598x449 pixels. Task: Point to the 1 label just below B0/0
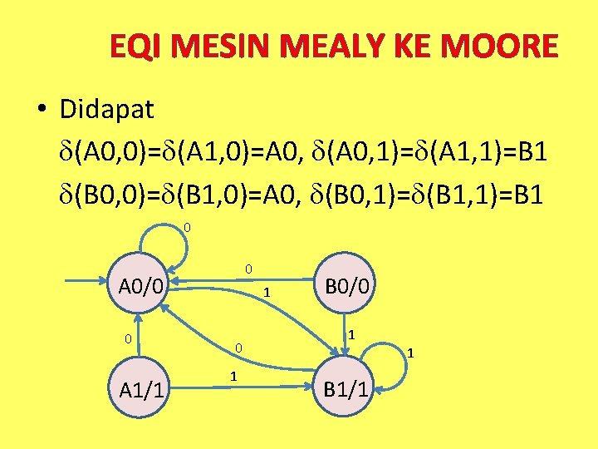352,334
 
